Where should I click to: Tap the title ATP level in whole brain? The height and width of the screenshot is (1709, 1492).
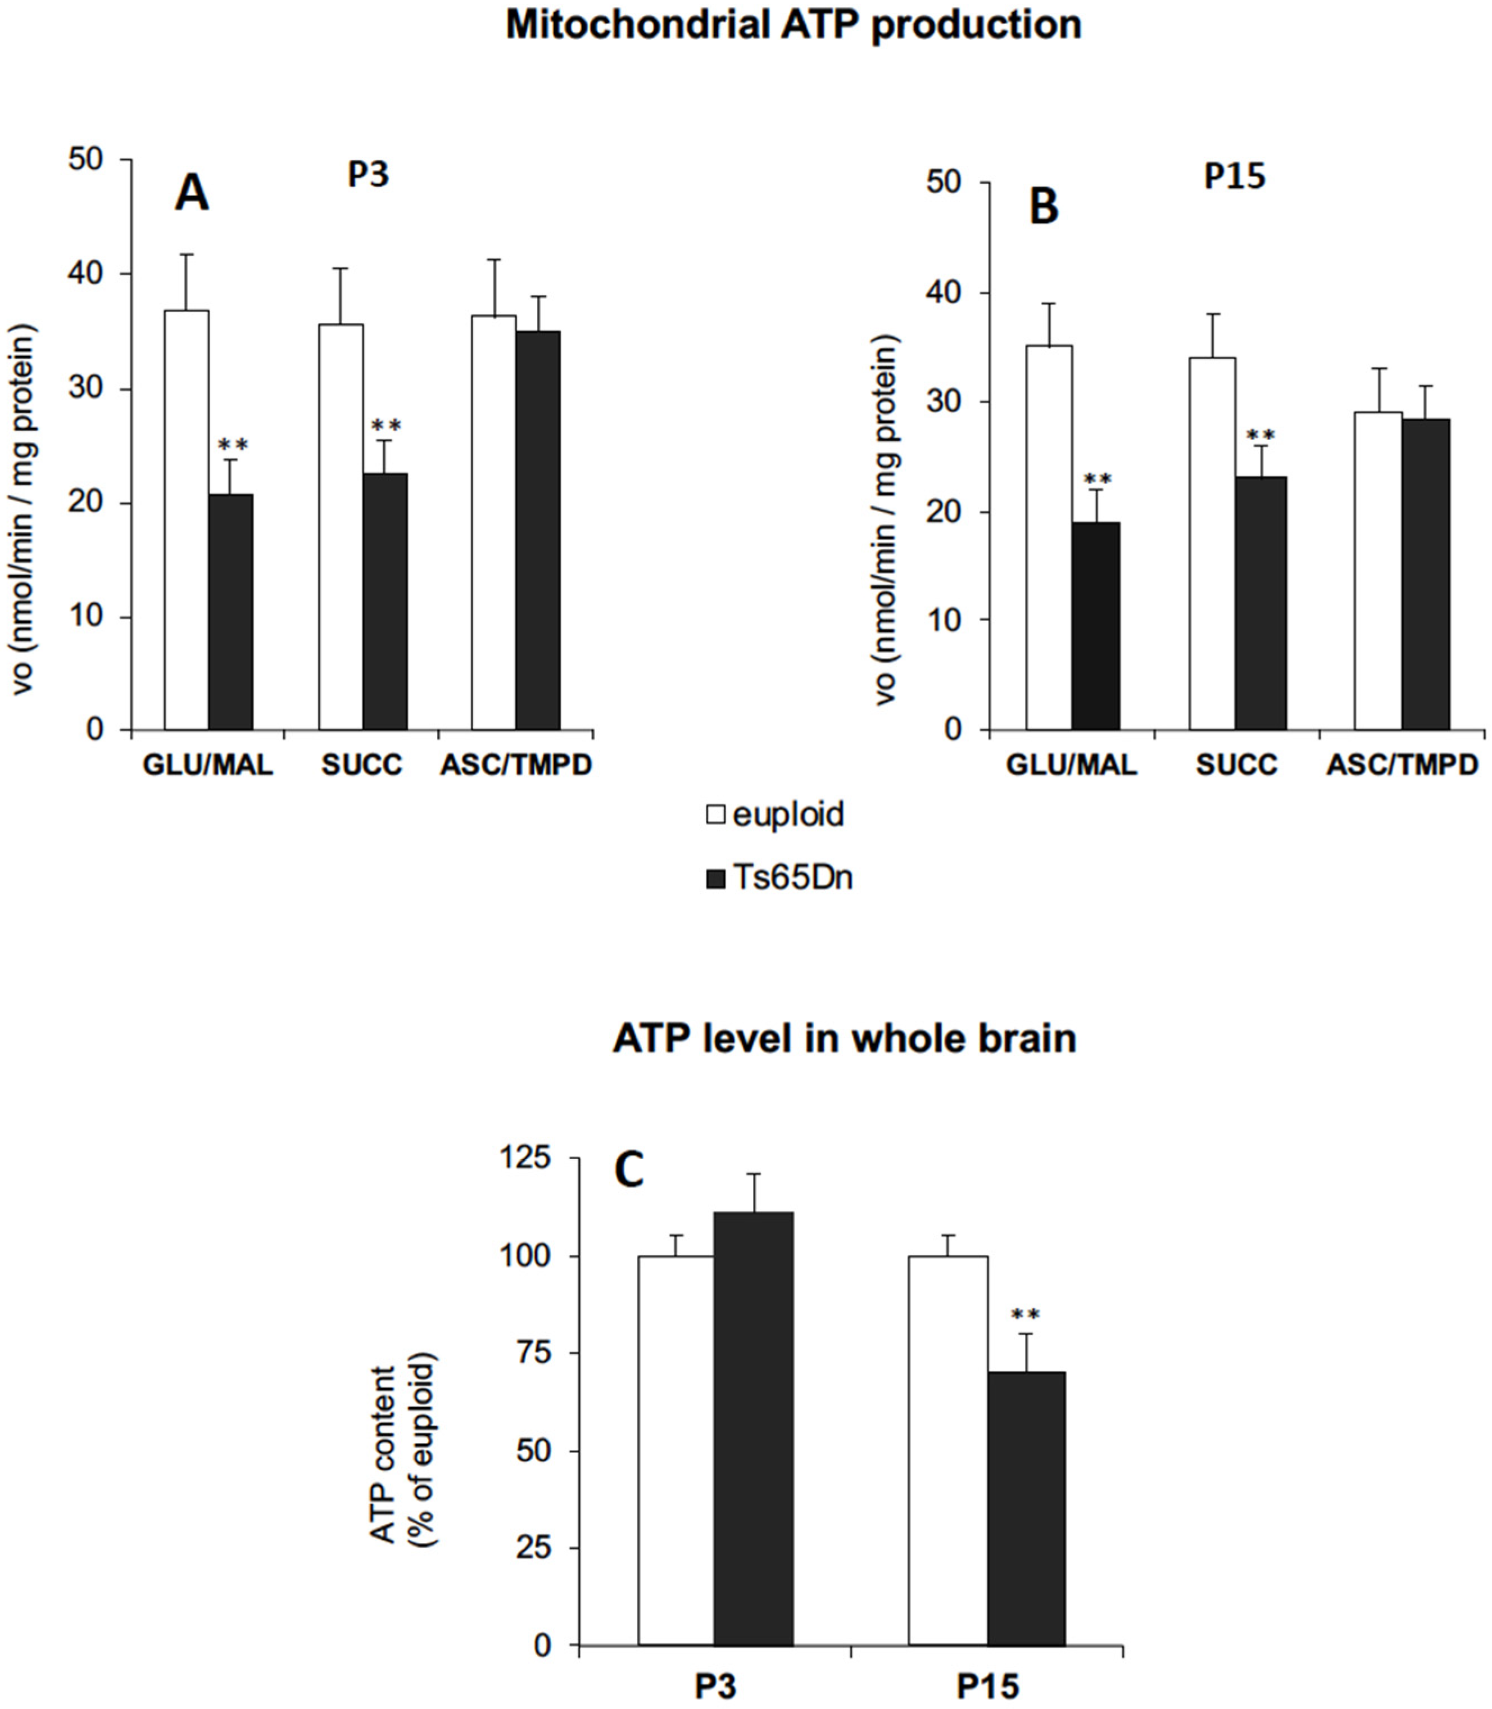pos(844,1038)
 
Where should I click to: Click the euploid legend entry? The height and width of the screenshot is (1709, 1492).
pos(774,813)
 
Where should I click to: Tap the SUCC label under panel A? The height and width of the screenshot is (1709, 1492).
pos(362,765)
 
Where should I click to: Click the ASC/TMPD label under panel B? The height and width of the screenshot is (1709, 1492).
pos(1402,765)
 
